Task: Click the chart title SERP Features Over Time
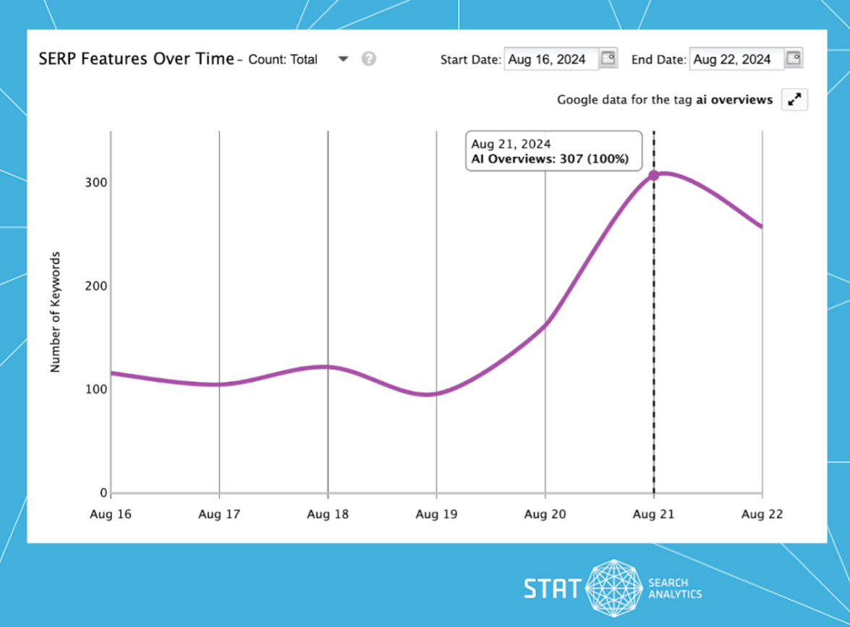pyautogui.click(x=136, y=59)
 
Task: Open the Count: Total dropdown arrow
pyautogui.click(x=344, y=59)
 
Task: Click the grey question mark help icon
pyautogui.click(x=369, y=59)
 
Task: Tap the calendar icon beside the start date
pyautogui.click(x=608, y=59)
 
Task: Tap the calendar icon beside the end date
pyautogui.click(x=794, y=59)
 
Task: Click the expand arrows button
pyautogui.click(x=794, y=100)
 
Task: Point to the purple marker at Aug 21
pyautogui.click(x=654, y=175)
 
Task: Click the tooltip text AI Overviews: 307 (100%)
pyautogui.click(x=550, y=159)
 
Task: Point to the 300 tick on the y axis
pyautogui.click(x=98, y=182)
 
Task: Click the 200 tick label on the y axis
pyautogui.click(x=98, y=286)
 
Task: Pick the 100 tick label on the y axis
pyautogui.click(x=98, y=389)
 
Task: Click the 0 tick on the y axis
pyautogui.click(x=103, y=493)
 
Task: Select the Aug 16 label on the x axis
pyautogui.click(x=111, y=515)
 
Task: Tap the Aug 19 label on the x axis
pyautogui.click(x=436, y=515)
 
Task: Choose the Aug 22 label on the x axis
pyautogui.click(x=762, y=515)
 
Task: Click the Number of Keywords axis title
pyautogui.click(x=56, y=312)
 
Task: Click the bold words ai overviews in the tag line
pyautogui.click(x=734, y=100)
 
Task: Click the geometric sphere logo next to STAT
pyautogui.click(x=613, y=588)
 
